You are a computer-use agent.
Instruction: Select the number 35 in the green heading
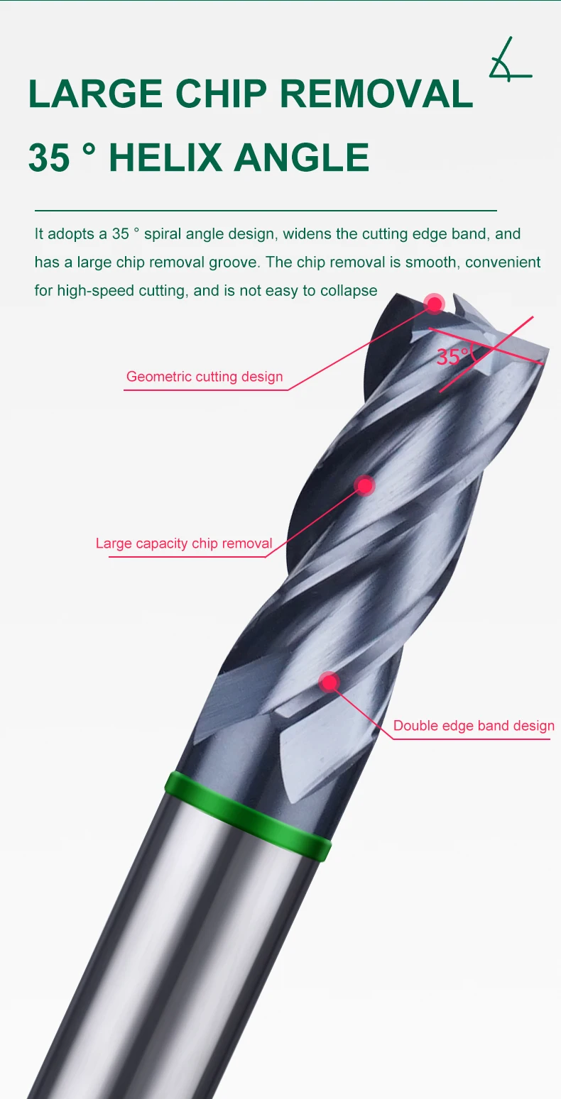pyautogui.click(x=50, y=158)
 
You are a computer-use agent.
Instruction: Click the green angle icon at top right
pyautogui.click(x=509, y=60)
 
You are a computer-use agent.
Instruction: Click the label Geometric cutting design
pyautogui.click(x=205, y=377)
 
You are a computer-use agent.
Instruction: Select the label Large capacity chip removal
pyautogui.click(x=184, y=544)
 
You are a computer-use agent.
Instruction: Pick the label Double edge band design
pyautogui.click(x=474, y=726)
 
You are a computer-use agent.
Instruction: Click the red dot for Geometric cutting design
pyautogui.click(x=434, y=304)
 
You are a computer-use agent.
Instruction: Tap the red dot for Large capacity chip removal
pyautogui.click(x=365, y=485)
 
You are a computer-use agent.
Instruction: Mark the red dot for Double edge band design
pyautogui.click(x=329, y=682)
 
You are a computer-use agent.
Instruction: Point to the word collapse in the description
pyautogui.click(x=349, y=291)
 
